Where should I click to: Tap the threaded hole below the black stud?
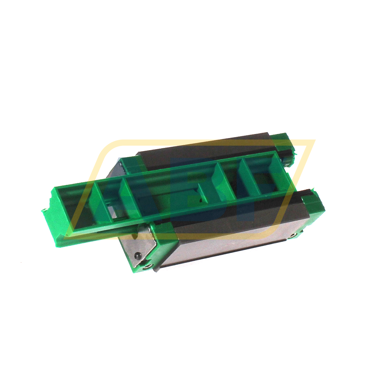point(147,266)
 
